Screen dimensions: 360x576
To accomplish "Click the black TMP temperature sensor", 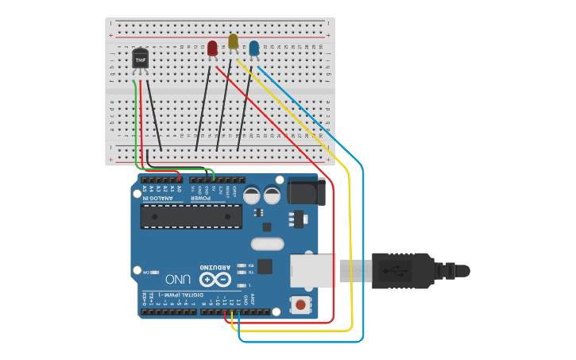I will [140, 59].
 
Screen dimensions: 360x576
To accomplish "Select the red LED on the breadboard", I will [212, 48].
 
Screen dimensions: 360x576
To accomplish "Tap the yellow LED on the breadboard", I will [233, 41].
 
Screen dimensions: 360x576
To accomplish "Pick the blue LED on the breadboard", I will [253, 48].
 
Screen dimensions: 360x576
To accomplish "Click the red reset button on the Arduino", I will [300, 304].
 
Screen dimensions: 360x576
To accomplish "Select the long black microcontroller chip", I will [191, 216].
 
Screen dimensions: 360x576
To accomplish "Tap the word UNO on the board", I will [178, 280].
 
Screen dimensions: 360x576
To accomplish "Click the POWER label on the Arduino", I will [205, 198].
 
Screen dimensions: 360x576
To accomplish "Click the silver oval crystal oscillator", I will [267, 245].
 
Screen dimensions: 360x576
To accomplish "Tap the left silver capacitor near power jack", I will [252, 195].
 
